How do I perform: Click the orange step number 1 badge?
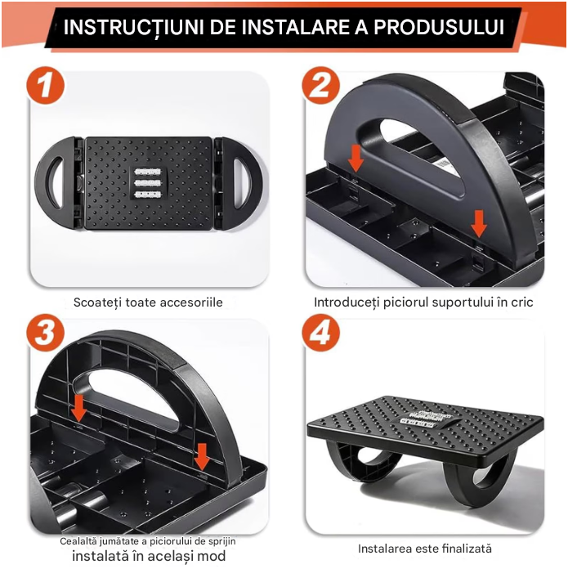click(x=45, y=86)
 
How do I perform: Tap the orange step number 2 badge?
click(x=321, y=86)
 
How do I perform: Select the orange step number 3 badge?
click(x=45, y=333)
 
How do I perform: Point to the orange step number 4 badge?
click(x=321, y=333)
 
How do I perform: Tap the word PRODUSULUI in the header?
click(x=439, y=27)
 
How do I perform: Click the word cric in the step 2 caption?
click(x=522, y=302)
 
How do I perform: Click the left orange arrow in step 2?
click(x=356, y=159)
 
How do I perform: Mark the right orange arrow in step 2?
click(x=479, y=224)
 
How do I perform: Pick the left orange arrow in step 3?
click(x=78, y=409)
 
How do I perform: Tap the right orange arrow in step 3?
click(x=202, y=457)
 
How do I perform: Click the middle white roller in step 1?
click(x=148, y=183)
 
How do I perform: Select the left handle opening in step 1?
click(x=56, y=182)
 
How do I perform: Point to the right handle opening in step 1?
click(x=241, y=182)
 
